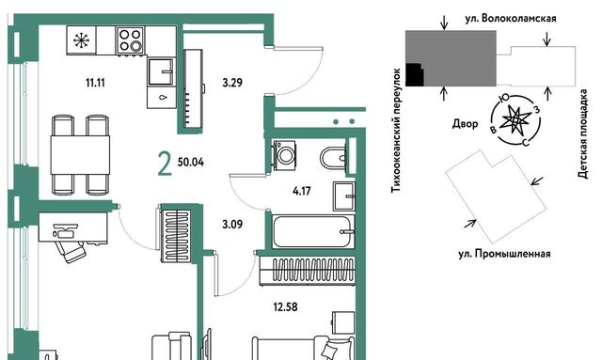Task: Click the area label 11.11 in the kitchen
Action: point(95,83)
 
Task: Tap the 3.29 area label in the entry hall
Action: point(232,83)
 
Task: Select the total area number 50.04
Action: point(191,162)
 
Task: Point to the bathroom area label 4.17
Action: point(301,191)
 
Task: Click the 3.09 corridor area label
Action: point(232,224)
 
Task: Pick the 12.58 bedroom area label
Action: point(285,307)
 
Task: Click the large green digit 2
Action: point(165,164)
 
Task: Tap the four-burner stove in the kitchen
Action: point(130,39)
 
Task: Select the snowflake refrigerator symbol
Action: point(82,40)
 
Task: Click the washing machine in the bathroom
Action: point(284,154)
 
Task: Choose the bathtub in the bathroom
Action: point(313,231)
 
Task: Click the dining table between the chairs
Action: point(80,154)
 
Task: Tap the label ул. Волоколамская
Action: point(511,19)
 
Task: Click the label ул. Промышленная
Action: point(504,254)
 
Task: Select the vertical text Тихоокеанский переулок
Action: point(396,131)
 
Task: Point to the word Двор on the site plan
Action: point(466,123)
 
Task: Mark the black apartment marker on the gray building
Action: point(415,74)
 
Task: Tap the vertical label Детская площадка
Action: point(583,133)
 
